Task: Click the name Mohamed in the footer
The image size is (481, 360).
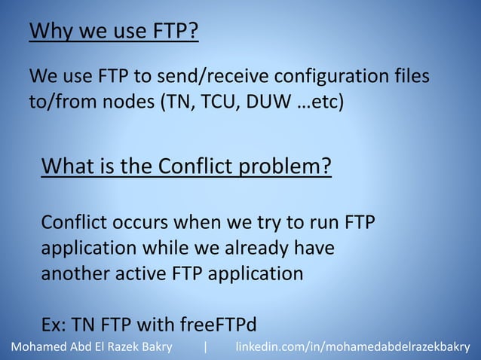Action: tap(35, 347)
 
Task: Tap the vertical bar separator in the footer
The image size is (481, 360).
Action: tap(204, 347)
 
